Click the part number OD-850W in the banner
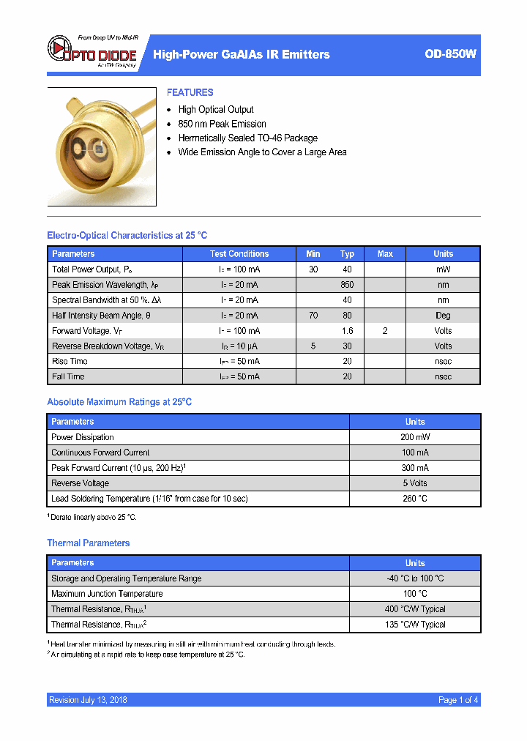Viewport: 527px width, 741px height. pos(450,54)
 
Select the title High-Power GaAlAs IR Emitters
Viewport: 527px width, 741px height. pos(242,54)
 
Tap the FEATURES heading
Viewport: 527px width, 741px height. pos(190,92)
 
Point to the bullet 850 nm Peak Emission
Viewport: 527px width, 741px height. pos(222,124)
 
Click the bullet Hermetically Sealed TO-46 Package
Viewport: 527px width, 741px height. pos(247,138)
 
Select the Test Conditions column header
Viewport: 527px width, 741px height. pos(239,254)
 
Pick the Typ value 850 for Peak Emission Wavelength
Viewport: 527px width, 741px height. pos(347,285)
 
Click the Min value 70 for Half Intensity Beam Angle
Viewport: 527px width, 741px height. pos(313,316)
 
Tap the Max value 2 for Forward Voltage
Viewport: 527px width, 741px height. pos(385,331)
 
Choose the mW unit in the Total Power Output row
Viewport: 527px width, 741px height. pos(443,269)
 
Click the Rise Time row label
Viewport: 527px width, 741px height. pos(70,361)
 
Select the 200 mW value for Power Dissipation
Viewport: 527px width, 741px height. pos(415,437)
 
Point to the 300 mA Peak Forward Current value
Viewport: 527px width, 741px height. pos(415,468)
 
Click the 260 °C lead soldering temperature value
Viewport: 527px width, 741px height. pos(415,499)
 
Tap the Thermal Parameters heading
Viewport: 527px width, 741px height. pos(89,543)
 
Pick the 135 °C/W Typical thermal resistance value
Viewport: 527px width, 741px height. pos(415,625)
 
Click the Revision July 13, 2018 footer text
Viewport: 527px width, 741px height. pos(88,700)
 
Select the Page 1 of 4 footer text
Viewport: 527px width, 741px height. pos(458,700)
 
